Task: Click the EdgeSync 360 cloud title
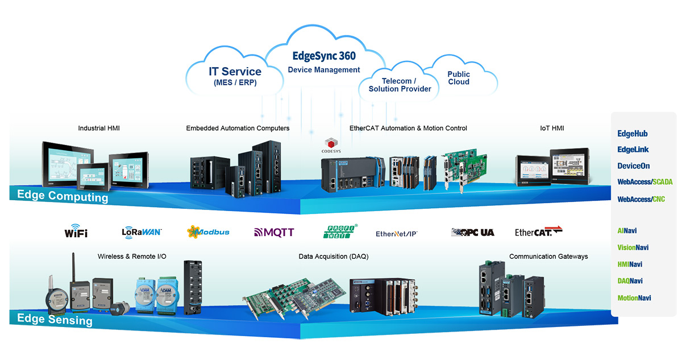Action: pos(324,56)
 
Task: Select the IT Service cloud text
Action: pos(235,72)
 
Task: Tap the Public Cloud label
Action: pos(459,78)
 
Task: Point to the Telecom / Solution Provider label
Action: pos(400,85)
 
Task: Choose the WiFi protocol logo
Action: pos(76,232)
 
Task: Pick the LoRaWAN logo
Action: pos(142,232)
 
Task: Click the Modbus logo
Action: pos(208,231)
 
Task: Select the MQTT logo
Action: pos(274,232)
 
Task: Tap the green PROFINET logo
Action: pos(341,231)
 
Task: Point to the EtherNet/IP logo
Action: pos(397,233)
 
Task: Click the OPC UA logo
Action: pos(472,232)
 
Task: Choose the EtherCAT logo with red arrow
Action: pos(538,231)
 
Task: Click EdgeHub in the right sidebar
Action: pos(633,134)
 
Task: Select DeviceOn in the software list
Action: pos(634,166)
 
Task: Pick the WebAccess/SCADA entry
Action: pos(645,182)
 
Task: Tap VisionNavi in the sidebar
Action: pos(633,248)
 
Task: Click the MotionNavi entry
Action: pos(634,298)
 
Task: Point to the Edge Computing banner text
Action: pos(63,197)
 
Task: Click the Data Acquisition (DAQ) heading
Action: pos(334,256)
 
